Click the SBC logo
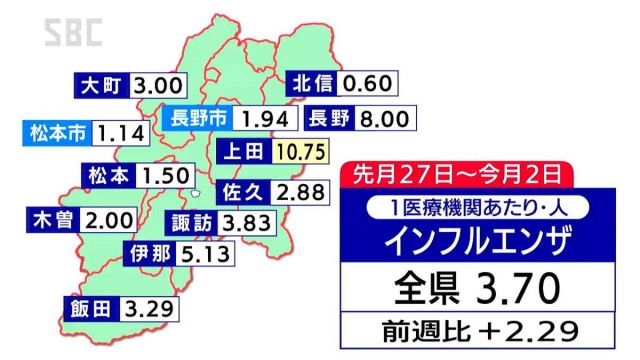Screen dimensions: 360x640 click(x=74, y=34)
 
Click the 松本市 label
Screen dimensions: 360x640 click(x=57, y=131)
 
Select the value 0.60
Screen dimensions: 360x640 click(x=366, y=83)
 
